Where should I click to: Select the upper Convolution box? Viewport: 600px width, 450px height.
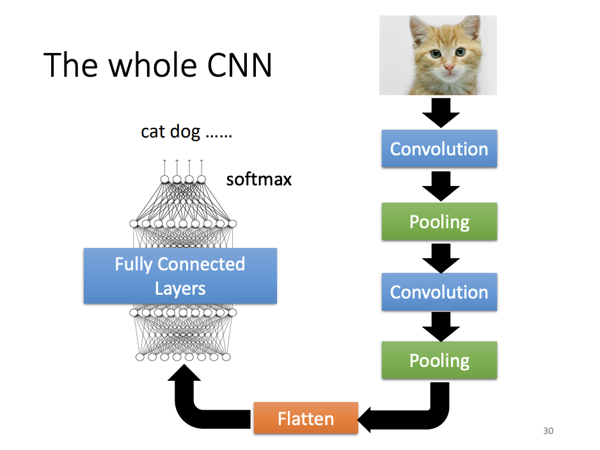point(439,149)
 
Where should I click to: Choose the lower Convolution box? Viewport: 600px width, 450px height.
point(439,292)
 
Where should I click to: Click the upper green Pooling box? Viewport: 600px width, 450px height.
point(439,222)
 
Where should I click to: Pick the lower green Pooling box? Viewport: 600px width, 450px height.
point(439,360)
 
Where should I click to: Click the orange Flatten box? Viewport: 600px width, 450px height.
point(306,419)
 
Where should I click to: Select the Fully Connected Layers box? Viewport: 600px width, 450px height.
point(180,276)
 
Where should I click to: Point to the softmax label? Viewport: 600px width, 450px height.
point(258,180)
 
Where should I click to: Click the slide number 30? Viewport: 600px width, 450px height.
point(548,431)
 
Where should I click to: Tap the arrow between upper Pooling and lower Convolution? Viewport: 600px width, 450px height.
point(440,256)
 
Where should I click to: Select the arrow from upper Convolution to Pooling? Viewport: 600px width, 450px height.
point(440,185)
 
